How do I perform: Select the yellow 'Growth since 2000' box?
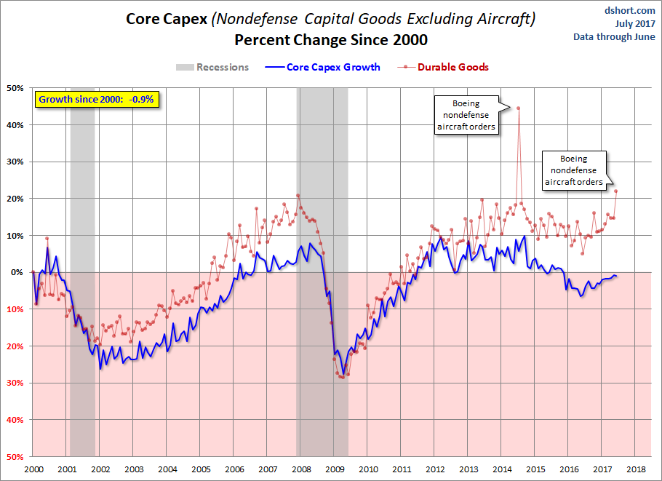click(x=96, y=99)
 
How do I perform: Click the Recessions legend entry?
click(x=212, y=68)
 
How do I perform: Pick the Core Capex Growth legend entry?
click(x=325, y=68)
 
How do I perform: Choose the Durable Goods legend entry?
click(x=444, y=68)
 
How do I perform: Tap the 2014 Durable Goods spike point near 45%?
click(x=518, y=108)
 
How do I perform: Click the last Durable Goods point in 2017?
click(x=616, y=191)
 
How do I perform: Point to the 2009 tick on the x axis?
click(x=334, y=469)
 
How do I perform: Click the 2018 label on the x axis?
click(x=635, y=469)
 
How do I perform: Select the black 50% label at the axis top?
click(x=15, y=88)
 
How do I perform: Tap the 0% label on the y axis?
click(x=18, y=272)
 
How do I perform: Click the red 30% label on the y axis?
click(x=15, y=383)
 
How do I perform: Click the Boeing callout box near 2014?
click(x=466, y=115)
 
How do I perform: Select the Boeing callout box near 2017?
click(x=573, y=170)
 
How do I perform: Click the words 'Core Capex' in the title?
click(x=166, y=18)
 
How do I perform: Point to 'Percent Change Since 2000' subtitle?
click(x=331, y=39)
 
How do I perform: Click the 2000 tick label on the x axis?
click(x=33, y=469)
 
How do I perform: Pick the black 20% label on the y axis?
click(x=15, y=199)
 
